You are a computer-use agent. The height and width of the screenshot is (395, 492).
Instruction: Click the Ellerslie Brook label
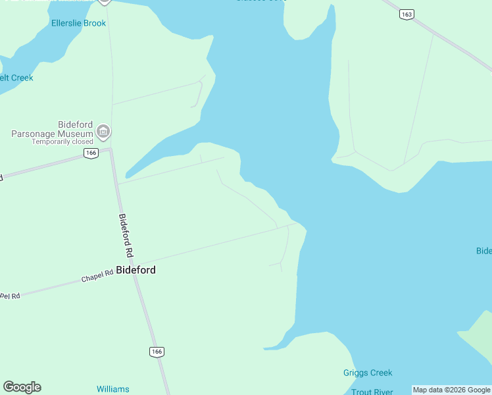78,23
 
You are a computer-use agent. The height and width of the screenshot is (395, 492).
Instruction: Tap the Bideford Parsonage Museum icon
103,132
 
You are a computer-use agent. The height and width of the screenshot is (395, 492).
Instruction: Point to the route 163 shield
407,14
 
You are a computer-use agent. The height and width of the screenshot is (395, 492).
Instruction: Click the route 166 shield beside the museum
91,153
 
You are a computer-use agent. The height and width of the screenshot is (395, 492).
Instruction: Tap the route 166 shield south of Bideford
156,352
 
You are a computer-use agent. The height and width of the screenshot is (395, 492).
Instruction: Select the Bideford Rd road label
126,235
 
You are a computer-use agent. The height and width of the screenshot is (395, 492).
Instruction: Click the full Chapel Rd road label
97,277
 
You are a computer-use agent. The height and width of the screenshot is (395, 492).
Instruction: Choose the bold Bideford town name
136,270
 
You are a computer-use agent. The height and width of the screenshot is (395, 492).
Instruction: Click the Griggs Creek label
368,373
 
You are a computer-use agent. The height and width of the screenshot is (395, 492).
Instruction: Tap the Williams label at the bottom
113,389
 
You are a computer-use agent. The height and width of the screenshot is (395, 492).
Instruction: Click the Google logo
22,387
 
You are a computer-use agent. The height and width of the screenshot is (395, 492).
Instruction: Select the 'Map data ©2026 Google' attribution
451,390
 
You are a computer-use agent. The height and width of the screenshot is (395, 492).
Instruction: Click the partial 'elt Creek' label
16,78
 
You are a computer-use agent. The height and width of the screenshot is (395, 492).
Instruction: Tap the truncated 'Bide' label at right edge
483,251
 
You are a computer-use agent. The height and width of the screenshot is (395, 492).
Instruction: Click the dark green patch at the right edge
479,332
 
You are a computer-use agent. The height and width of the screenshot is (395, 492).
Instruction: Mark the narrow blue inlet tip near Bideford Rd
129,176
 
